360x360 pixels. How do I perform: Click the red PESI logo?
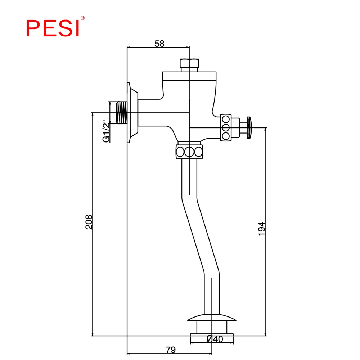click(53, 28)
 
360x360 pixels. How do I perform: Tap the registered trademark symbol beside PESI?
click(83, 18)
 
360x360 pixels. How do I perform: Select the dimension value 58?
click(159, 44)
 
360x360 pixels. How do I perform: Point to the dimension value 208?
click(89, 222)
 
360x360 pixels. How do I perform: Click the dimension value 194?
click(261, 229)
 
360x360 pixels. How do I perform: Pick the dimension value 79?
click(171, 350)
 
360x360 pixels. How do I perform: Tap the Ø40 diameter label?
click(215, 339)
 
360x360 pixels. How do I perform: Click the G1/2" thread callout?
click(106, 131)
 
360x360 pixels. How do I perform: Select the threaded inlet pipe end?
click(121, 112)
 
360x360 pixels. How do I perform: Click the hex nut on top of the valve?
click(189, 63)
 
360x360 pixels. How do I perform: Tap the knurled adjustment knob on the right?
click(249, 127)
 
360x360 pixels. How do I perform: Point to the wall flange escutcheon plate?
click(133, 113)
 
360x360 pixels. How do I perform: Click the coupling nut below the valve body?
click(189, 152)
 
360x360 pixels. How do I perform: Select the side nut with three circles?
click(226, 127)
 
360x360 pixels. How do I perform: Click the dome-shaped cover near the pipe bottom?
click(212, 318)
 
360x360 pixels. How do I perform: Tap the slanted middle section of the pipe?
click(201, 235)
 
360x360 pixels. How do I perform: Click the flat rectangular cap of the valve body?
click(189, 76)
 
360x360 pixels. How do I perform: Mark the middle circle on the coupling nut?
click(189, 152)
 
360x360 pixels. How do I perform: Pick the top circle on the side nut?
click(226, 120)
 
